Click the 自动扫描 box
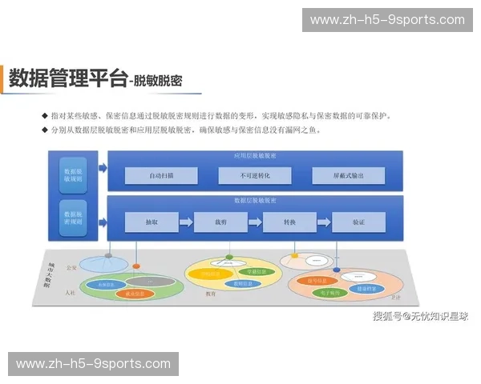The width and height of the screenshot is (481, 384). click(161, 175)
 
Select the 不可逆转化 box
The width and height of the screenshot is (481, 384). click(255, 175)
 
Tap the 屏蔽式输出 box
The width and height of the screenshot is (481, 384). click(348, 175)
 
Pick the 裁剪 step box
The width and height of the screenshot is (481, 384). click(220, 222)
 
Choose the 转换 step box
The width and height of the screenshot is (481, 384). click(289, 222)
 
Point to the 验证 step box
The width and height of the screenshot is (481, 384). click(358, 222)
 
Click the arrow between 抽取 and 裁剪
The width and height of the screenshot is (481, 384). click(186, 222)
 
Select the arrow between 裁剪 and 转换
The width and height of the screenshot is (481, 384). click(255, 222)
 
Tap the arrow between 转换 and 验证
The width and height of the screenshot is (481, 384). click(324, 222)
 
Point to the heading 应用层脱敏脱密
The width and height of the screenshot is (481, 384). click(255, 156)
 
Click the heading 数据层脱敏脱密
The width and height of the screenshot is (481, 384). click(255, 200)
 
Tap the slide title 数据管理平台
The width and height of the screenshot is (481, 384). click(68, 78)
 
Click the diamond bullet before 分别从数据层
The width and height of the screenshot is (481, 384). click(45, 130)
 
